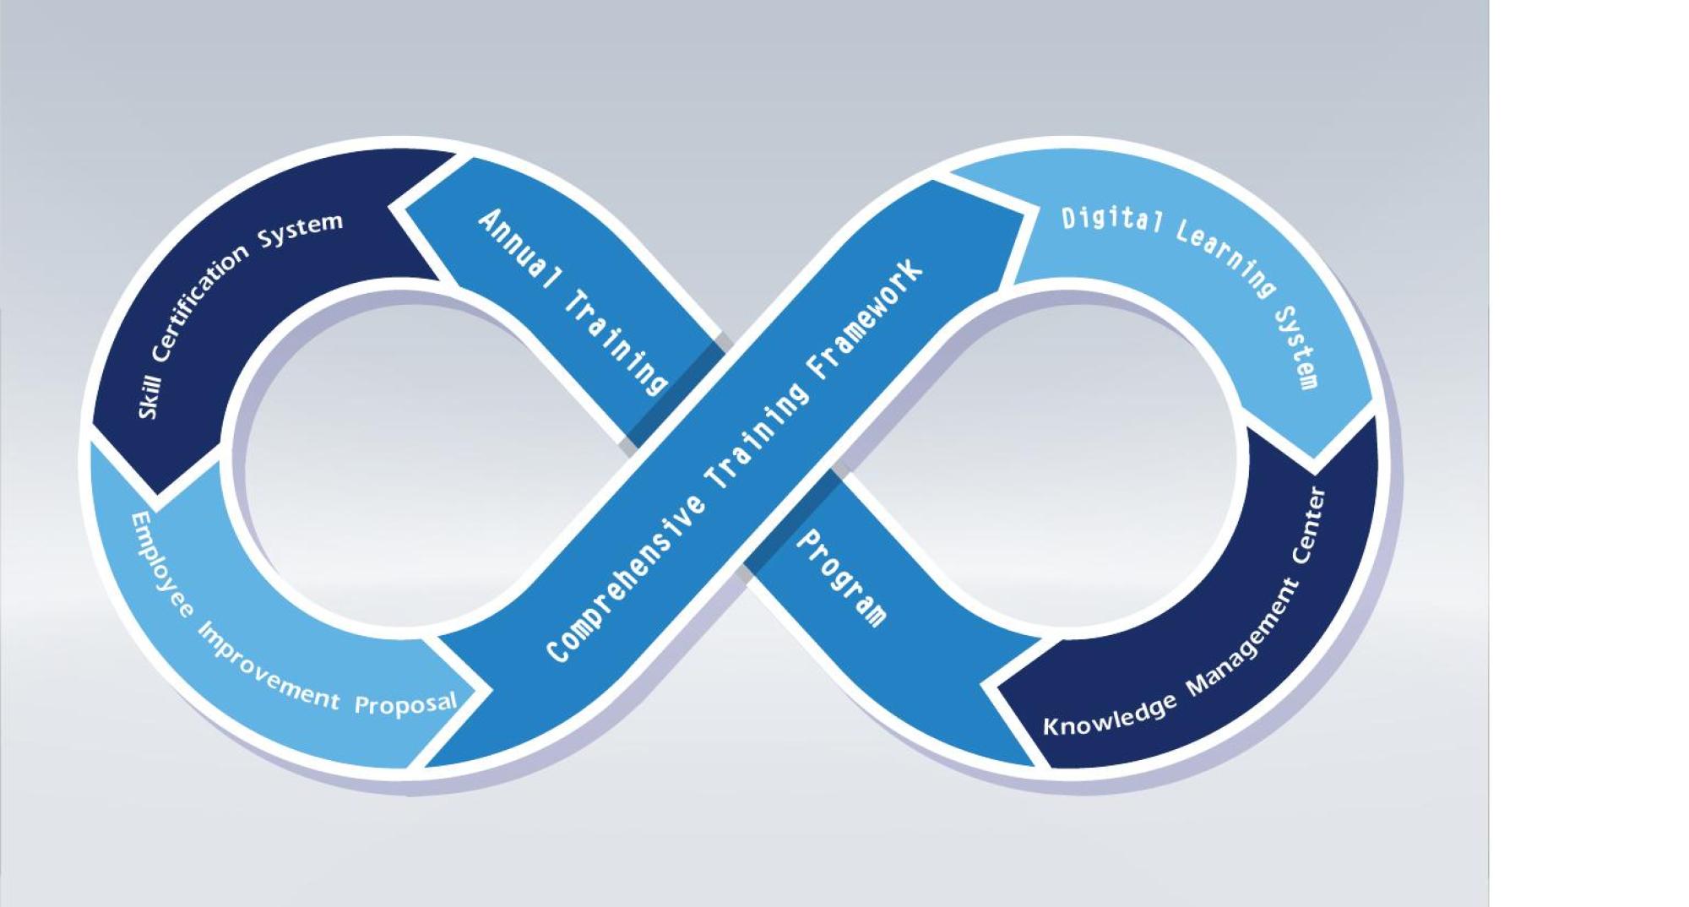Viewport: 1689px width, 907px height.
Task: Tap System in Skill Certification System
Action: (301, 230)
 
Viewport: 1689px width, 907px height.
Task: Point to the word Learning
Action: (1225, 257)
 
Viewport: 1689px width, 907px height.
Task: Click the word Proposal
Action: (405, 703)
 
